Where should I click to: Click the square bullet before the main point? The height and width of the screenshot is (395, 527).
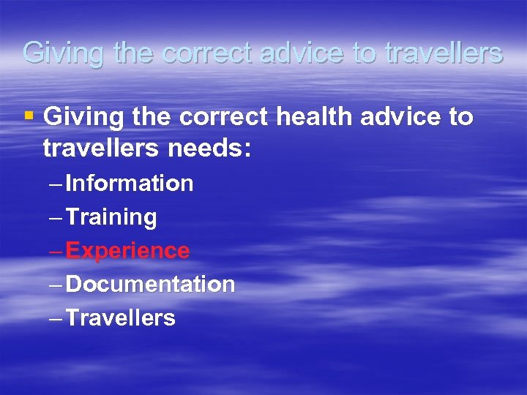point(29,116)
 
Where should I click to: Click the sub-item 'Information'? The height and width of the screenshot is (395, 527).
point(129,183)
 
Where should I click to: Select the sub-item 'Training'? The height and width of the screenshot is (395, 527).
point(111,217)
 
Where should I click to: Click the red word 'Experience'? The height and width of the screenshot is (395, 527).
point(127,251)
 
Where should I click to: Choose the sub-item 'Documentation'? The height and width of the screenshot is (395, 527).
point(150,284)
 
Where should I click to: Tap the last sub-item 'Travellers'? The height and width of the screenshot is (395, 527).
point(120,317)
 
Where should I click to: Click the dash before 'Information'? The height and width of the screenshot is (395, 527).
point(56,184)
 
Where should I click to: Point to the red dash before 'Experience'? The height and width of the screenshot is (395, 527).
point(56,251)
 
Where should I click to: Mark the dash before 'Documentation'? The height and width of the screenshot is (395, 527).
point(56,285)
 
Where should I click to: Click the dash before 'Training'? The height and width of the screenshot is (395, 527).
point(56,217)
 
